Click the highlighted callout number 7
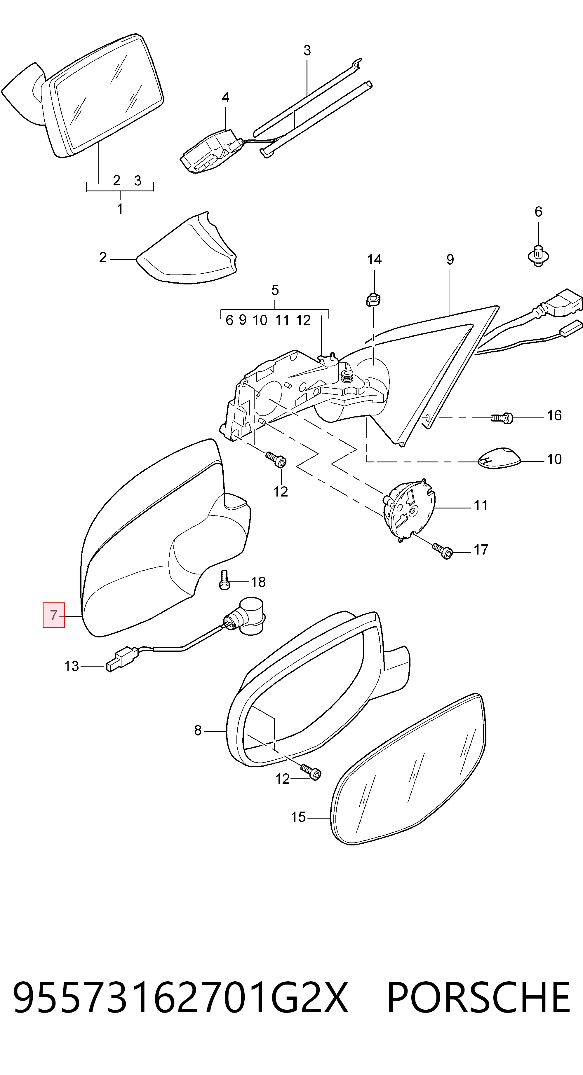coord(53,615)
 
